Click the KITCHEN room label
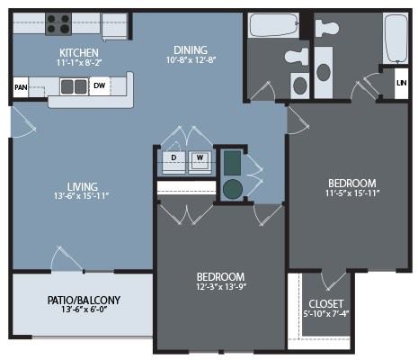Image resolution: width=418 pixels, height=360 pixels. point(79,53)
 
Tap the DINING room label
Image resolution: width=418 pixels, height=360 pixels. point(191,49)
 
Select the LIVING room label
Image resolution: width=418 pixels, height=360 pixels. point(82,186)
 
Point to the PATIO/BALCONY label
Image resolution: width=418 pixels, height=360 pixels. point(84,300)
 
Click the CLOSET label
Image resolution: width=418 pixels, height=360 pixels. point(326,304)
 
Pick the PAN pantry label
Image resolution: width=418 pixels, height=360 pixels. point(21,87)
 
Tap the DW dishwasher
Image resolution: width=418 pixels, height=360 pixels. point(100,85)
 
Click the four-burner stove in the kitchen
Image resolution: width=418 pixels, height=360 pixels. point(58,24)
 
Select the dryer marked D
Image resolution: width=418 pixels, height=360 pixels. point(173,162)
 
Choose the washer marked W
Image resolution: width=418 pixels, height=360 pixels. point(200,162)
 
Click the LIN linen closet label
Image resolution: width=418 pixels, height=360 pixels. point(402,83)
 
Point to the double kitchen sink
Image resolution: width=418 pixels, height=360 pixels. point(74,86)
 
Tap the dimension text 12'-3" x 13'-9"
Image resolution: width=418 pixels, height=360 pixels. point(221,287)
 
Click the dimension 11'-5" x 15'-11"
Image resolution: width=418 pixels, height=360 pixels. point(352,193)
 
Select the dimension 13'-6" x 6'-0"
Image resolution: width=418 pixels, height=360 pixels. point(84,310)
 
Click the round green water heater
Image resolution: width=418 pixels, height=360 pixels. point(233,189)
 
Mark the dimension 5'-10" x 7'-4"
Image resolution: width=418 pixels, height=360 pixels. point(326,314)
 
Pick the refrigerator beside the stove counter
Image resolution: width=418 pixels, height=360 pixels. point(115,26)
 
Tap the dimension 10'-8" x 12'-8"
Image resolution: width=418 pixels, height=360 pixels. point(191,59)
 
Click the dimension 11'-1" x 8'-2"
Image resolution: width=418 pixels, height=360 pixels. point(79,63)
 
